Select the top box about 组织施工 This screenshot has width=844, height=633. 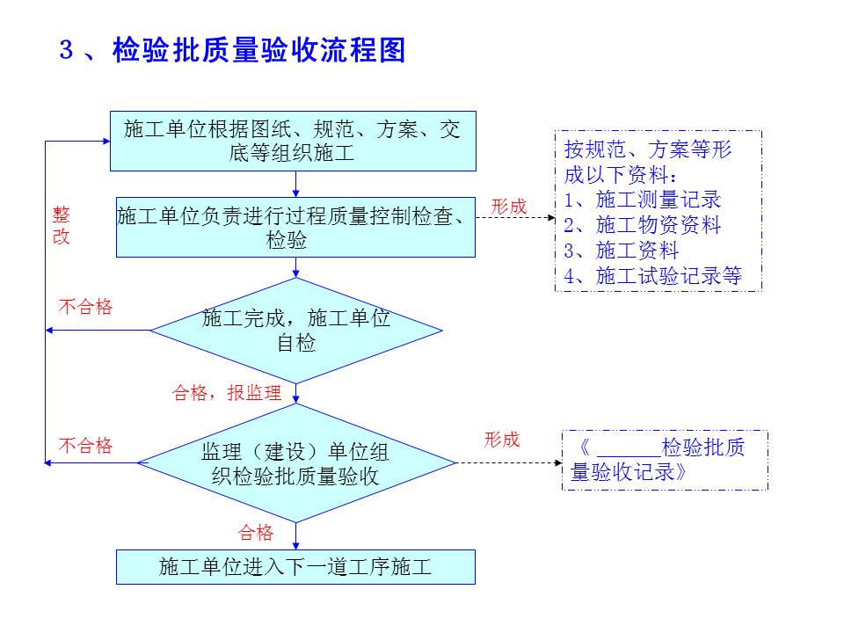(293, 141)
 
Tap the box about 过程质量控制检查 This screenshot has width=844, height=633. (295, 227)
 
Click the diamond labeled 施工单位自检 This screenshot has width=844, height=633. (296, 331)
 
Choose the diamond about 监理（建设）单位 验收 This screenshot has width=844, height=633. (296, 463)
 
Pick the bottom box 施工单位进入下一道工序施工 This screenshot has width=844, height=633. (295, 567)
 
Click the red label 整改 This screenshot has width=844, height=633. (62, 226)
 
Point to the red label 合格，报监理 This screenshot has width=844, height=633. (227, 393)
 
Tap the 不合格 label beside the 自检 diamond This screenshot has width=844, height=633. (86, 307)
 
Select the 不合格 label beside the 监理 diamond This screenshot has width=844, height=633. (86, 446)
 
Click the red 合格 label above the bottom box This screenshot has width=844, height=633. (256, 533)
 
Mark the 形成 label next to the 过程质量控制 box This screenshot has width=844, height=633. (509, 207)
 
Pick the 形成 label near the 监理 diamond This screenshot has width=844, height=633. (502, 440)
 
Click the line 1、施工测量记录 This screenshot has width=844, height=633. (643, 199)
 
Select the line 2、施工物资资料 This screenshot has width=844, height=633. (643, 225)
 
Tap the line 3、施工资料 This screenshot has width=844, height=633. (622, 251)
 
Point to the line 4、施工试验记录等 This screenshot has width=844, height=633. (653, 276)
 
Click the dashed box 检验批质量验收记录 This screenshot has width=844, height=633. (665, 460)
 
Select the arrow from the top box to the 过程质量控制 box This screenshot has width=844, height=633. (296, 184)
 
